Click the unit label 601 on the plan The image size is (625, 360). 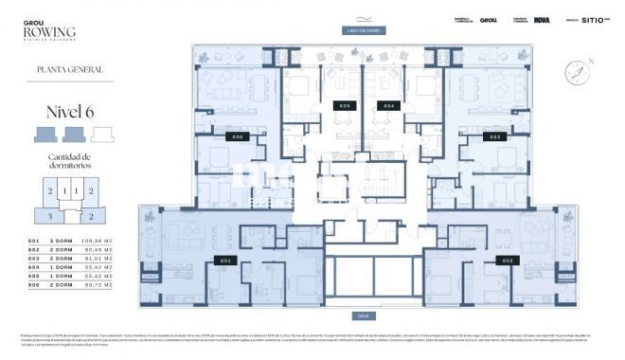tap(225, 260)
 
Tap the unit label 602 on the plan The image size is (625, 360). tap(508, 260)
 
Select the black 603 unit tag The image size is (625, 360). tap(494, 137)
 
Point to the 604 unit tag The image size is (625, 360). tap(385, 105)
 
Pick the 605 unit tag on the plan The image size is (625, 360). tap(343, 105)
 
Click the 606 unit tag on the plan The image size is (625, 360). tap(238, 137)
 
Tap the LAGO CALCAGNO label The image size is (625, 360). tap(364, 30)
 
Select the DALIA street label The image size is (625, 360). tap(364, 315)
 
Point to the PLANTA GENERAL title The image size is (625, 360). tap(69, 69)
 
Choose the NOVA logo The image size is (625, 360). tap(542, 20)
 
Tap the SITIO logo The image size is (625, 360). tap(591, 20)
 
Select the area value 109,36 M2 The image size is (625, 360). tap(96, 242)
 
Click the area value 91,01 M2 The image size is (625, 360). tap(96, 259)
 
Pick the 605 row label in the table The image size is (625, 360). tap(35, 276)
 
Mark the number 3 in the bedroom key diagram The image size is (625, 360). tap(49, 216)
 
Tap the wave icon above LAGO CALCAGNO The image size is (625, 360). tap(364, 17)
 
